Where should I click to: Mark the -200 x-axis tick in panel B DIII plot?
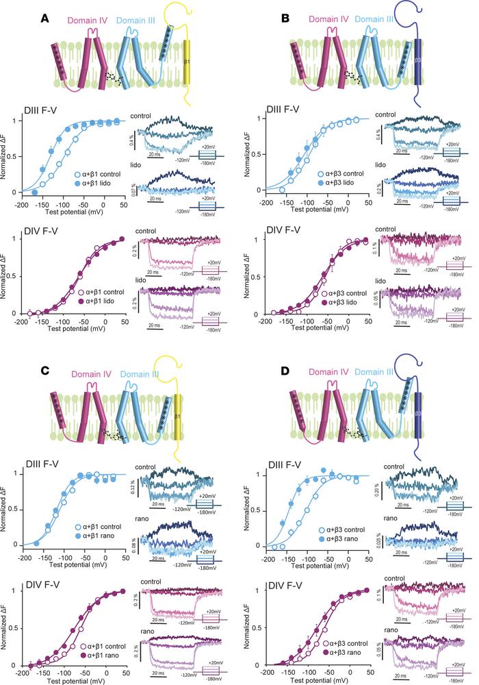tap(263, 203)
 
